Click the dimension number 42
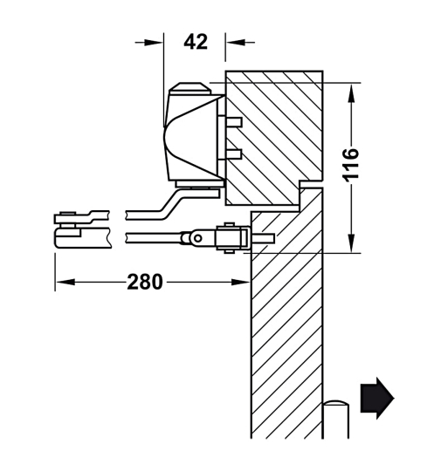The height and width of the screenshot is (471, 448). click(x=195, y=40)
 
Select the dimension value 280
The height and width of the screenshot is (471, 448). click(x=145, y=282)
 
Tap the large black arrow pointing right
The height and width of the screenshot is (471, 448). click(x=376, y=398)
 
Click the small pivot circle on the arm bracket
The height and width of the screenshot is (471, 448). click(x=199, y=236)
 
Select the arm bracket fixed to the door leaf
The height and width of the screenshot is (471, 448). click(x=229, y=237)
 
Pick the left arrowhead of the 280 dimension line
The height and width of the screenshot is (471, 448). click(x=62, y=282)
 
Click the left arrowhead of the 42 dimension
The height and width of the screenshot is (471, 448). click(x=157, y=40)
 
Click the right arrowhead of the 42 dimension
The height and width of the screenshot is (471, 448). click(x=232, y=40)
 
